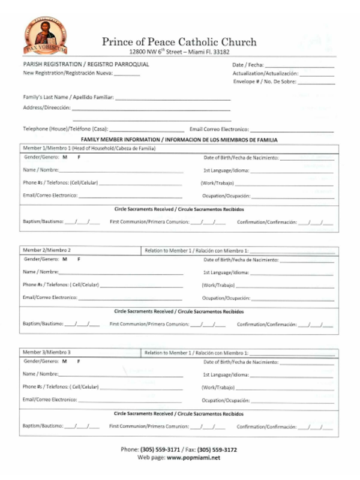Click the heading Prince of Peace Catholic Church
(x=179, y=41)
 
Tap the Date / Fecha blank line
(x=299, y=65)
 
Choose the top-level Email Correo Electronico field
(x=292, y=130)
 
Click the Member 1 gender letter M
(x=64, y=157)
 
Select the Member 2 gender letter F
(x=78, y=259)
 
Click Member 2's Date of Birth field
(x=307, y=261)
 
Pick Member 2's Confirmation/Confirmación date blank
(x=316, y=325)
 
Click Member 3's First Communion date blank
(x=208, y=427)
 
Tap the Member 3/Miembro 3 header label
(x=47, y=352)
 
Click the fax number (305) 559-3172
(x=217, y=449)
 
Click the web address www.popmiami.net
(x=194, y=457)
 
